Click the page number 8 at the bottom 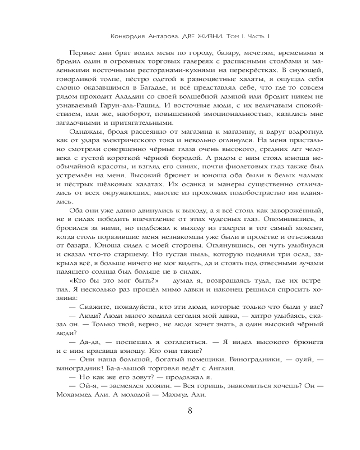pos(189,410)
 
